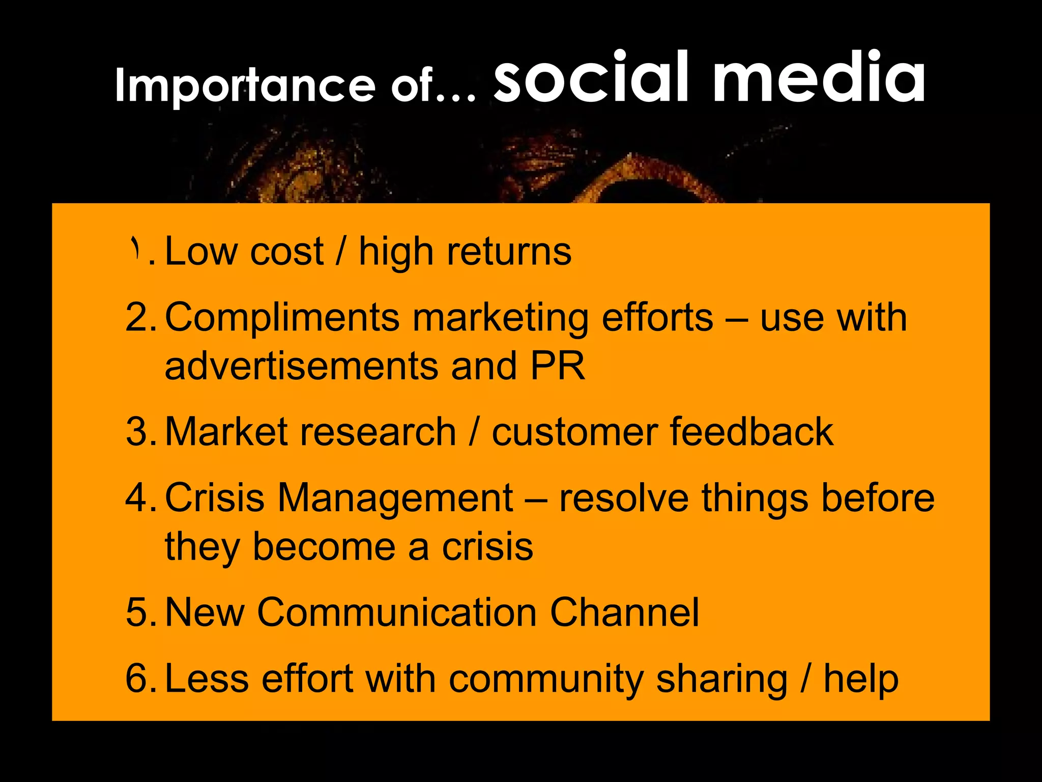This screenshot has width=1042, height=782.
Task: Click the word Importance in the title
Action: click(x=244, y=86)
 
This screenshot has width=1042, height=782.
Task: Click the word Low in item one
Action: click(x=201, y=252)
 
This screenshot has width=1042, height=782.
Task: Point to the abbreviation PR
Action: click(x=558, y=366)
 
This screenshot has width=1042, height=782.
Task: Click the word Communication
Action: click(x=397, y=612)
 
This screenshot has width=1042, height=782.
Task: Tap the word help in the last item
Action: click(x=861, y=679)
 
